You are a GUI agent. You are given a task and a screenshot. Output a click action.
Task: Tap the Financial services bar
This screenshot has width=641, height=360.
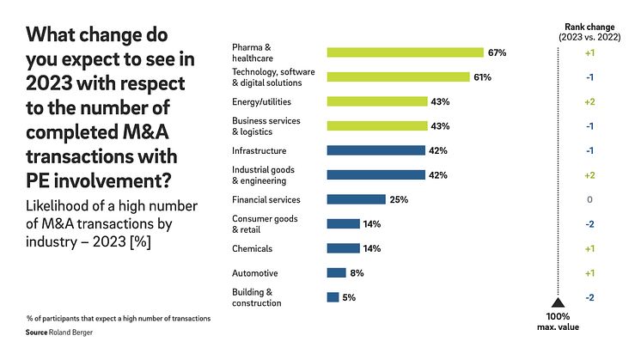tap(356, 199)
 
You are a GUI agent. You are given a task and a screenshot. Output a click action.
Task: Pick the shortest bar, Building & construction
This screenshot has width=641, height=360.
tap(333, 297)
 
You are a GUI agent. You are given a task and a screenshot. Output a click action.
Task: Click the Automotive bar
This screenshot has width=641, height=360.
tap(336, 273)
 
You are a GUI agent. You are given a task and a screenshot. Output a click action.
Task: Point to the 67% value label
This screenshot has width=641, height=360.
tap(497, 52)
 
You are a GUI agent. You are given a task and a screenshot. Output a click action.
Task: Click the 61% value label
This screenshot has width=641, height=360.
tap(482, 77)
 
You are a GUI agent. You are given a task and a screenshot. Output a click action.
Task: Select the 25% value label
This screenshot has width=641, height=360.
tap(398, 199)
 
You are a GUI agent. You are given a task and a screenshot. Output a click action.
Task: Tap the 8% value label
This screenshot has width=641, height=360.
tap(357, 273)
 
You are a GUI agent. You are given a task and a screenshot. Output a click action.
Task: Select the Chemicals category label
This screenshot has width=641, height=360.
tap(252, 248)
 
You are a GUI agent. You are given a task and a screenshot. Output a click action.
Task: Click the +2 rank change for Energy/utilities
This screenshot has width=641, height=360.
tap(590, 101)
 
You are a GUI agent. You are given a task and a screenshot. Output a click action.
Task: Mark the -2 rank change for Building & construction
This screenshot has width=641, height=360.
tap(590, 297)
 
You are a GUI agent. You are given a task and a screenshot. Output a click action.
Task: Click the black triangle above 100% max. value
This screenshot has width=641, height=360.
tap(556, 302)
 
